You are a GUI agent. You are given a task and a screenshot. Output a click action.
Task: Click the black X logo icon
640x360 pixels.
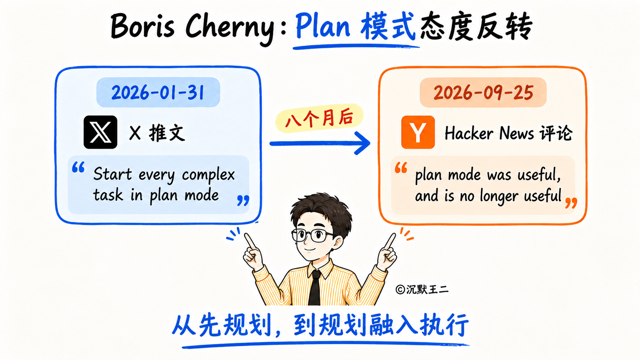[x=100, y=132]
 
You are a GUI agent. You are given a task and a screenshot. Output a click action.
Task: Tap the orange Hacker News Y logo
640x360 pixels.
[x=418, y=132]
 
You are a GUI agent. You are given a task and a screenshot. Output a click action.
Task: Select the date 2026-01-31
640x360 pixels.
[x=158, y=93]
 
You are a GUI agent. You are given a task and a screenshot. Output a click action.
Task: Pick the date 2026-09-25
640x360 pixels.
[x=483, y=93]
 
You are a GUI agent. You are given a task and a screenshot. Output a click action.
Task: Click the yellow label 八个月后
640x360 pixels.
[x=319, y=119]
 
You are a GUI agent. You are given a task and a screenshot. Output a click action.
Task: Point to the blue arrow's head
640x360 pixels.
[x=362, y=143]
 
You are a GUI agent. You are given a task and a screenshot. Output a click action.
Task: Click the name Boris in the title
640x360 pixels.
[x=142, y=26]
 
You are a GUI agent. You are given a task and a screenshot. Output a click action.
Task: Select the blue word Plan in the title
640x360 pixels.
[x=323, y=26]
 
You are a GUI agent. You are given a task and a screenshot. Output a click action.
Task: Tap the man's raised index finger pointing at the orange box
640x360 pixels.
[x=390, y=241]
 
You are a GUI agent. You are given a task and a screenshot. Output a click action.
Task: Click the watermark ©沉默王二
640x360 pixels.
[x=422, y=290]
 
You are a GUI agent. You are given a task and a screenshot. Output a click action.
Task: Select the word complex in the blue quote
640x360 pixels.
[x=208, y=175]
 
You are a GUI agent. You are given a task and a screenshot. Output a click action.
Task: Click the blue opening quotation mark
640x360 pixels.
[x=78, y=167]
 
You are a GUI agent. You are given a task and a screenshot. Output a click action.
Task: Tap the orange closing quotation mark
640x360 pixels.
[x=571, y=203]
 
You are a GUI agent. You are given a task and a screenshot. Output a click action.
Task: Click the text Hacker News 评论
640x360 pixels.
[x=508, y=133]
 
